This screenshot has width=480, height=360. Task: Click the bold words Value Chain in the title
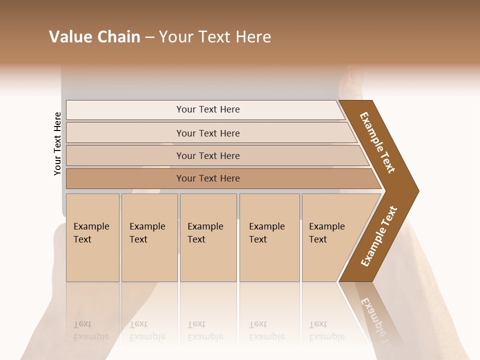(x=94, y=37)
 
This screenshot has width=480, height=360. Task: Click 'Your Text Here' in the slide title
(x=215, y=37)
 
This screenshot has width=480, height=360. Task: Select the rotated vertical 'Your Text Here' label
(x=57, y=143)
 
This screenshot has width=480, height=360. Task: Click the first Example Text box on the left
(x=92, y=237)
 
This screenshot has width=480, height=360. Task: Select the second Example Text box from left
(x=149, y=237)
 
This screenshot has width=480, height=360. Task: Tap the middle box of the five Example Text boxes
(x=208, y=237)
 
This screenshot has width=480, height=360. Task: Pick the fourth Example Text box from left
(x=269, y=237)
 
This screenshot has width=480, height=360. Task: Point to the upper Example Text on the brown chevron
(x=377, y=142)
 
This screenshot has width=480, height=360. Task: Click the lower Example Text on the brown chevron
(x=379, y=236)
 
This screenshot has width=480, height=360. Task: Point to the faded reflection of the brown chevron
(x=375, y=315)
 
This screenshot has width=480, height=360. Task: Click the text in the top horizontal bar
(x=208, y=109)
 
